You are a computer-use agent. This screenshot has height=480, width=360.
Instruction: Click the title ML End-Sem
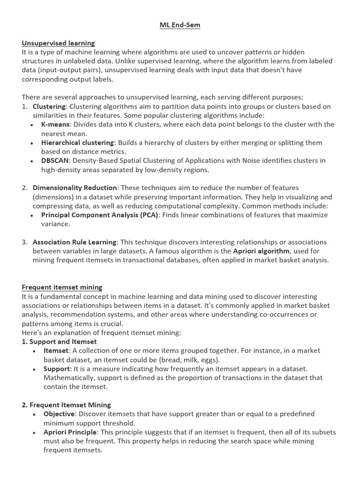(x=180, y=25)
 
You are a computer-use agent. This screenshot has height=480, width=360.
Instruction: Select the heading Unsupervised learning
(x=58, y=43)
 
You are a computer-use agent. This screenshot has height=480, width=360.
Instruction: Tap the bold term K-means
(x=55, y=124)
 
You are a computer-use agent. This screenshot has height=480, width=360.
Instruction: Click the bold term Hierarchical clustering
(x=77, y=142)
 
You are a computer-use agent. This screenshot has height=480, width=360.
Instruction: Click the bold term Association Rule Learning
(x=74, y=242)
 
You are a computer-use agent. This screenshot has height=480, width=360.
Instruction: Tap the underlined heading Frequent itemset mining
(x=62, y=287)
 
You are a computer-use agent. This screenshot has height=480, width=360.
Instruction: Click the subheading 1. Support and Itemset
(x=59, y=342)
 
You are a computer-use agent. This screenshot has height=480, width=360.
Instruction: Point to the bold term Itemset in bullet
(x=56, y=351)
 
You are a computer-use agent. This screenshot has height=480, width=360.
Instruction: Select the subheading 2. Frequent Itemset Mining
(x=67, y=405)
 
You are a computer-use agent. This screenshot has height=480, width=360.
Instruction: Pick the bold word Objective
(x=59, y=414)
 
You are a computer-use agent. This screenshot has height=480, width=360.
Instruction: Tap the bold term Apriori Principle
(x=70, y=432)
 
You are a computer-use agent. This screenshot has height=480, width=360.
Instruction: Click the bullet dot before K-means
(x=31, y=125)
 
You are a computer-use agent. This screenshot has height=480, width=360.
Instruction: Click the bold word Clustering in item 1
(x=49, y=106)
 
